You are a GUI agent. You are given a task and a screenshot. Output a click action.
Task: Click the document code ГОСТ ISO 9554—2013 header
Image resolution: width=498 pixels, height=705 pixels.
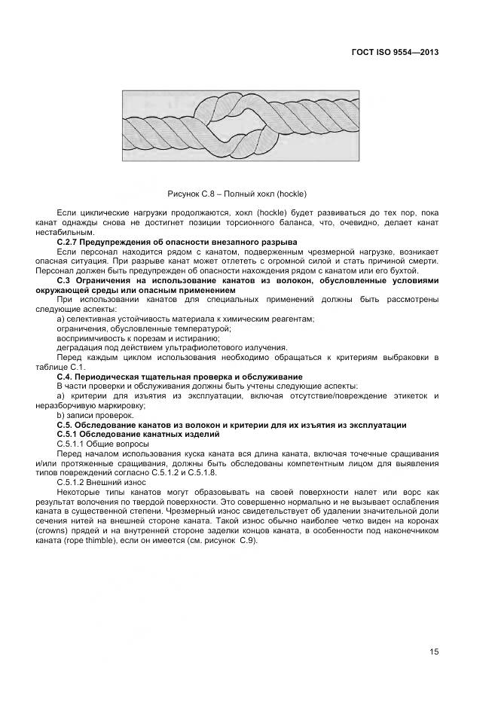click(395, 53)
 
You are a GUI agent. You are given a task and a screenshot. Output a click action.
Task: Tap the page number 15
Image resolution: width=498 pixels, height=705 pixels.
click(434, 652)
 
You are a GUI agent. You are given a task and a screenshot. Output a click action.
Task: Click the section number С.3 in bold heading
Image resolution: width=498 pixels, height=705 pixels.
click(66, 280)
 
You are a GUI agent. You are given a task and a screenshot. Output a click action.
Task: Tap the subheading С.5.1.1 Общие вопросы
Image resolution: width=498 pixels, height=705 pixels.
click(102, 444)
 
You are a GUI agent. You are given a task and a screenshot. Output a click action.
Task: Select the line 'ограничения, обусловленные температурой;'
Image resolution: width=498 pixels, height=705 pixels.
click(144, 328)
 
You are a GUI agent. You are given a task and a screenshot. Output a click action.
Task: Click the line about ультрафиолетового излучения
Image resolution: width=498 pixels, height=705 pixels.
click(172, 348)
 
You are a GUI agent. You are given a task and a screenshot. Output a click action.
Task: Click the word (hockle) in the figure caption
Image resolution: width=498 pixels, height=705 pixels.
click(290, 194)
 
